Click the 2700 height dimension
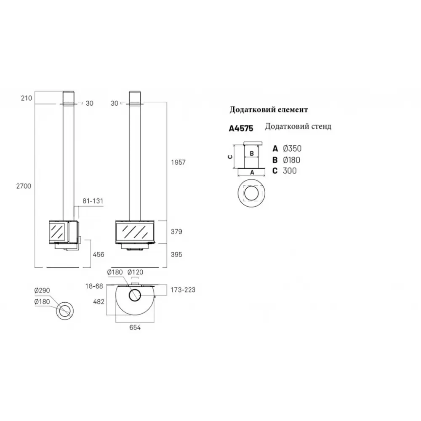24,186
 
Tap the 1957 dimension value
178,162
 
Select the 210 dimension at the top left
26,98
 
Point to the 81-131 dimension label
93,201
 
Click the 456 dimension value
99,255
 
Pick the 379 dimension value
176,232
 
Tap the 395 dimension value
176,255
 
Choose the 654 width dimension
135,328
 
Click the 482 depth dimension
99,302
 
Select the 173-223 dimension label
183,290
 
